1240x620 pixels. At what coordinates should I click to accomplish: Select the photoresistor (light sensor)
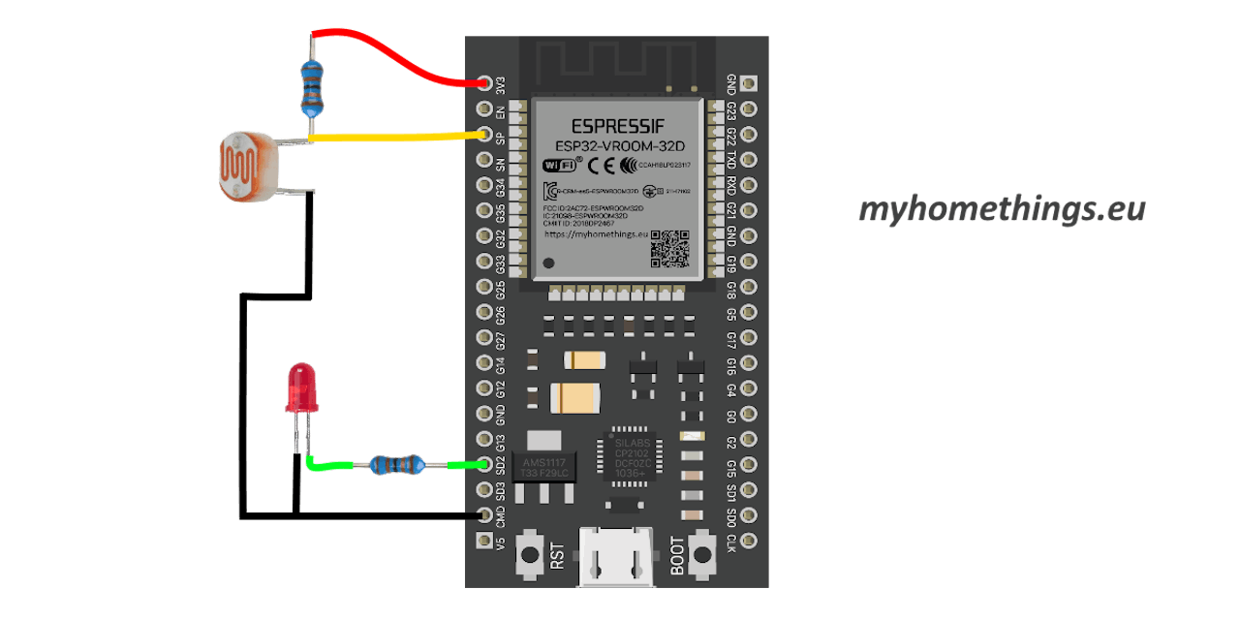(x=246, y=166)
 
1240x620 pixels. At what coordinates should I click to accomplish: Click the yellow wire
(x=397, y=138)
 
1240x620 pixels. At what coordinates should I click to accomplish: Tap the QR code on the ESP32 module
(x=668, y=249)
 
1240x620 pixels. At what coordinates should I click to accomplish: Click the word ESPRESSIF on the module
(x=617, y=126)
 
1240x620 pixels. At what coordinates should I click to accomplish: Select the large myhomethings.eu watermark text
(x=1002, y=209)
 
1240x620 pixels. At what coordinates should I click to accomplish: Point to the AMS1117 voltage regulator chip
(x=543, y=466)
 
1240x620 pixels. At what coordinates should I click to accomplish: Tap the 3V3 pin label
(x=501, y=84)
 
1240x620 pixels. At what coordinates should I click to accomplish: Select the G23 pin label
(x=731, y=109)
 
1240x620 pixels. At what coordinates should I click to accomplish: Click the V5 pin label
(x=501, y=541)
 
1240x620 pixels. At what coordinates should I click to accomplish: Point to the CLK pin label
(x=731, y=541)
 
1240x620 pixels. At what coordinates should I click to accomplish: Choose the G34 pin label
(x=501, y=185)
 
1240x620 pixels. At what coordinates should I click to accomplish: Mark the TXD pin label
(x=731, y=160)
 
